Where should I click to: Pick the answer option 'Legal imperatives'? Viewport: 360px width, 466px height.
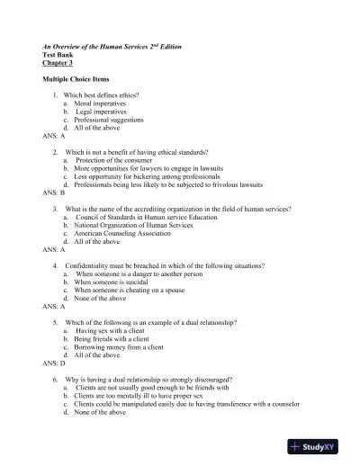(x=103, y=112)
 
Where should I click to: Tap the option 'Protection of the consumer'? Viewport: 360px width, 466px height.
(x=119, y=160)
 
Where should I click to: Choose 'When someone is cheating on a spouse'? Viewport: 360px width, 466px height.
(x=137, y=290)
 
